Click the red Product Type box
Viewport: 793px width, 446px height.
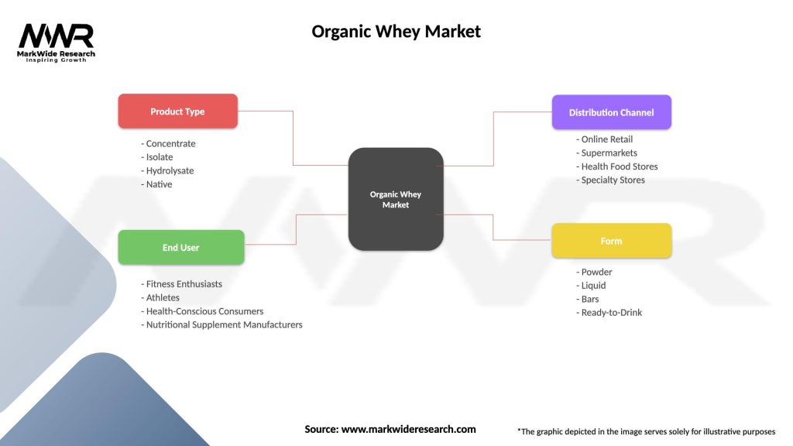point(177,111)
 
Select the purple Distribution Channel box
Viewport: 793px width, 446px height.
point(611,112)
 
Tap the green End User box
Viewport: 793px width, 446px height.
point(180,248)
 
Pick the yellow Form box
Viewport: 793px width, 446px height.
point(611,241)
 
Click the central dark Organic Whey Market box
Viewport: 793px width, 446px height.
point(396,200)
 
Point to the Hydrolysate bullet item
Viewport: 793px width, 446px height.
point(170,170)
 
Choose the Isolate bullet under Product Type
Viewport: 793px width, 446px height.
point(160,157)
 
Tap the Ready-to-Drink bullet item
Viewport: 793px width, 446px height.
point(611,313)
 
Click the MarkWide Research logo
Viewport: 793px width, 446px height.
point(56,41)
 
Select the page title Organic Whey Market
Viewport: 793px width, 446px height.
point(396,32)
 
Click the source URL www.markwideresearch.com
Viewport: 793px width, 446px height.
point(390,429)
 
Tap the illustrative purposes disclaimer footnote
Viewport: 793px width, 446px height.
point(646,431)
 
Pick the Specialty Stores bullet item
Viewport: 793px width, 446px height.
point(613,180)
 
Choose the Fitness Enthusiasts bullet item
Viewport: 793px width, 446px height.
point(184,284)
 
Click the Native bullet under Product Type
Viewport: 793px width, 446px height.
point(159,184)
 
